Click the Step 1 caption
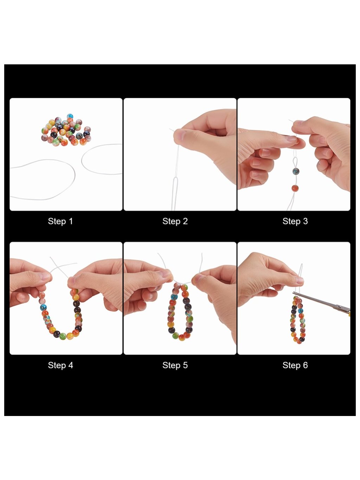pos(60,221)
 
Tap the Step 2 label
pos(175,221)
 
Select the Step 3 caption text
pos(295,221)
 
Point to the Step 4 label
pos(60,365)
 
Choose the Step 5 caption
pos(175,365)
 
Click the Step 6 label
pos(295,365)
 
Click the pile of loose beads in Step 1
pos(66,130)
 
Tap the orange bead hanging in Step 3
pos(295,188)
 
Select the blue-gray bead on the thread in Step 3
pos(296,171)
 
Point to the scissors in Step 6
pos(321,302)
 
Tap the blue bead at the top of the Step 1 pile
pos(70,116)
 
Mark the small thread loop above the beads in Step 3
pos(295,161)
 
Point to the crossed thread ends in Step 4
pos(58,267)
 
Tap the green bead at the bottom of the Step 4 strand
pos(63,336)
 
